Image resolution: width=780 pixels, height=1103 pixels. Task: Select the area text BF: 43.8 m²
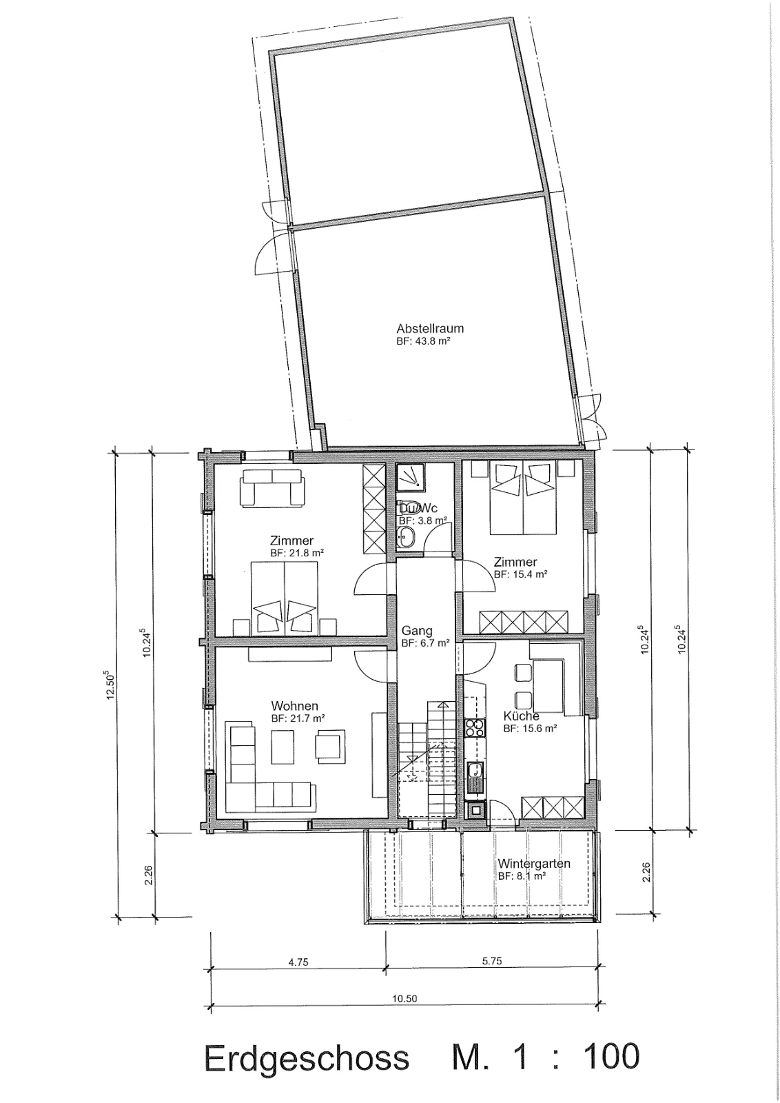[x=424, y=341]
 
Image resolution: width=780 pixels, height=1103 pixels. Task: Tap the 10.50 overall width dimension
[x=404, y=999]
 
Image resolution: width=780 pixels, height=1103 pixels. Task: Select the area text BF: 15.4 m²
[x=521, y=574]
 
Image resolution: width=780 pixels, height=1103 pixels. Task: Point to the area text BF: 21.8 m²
[x=297, y=553]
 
